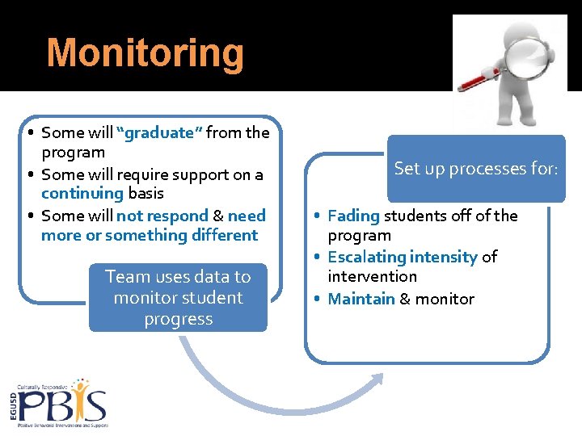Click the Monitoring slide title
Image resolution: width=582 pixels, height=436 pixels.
145,53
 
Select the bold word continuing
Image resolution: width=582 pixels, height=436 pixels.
82,194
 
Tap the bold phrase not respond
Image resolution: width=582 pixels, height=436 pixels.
162,216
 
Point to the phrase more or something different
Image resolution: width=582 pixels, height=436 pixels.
150,236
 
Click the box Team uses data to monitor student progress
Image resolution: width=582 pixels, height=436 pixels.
178,297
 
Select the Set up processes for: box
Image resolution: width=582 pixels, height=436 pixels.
476,169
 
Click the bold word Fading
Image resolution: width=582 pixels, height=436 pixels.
353,216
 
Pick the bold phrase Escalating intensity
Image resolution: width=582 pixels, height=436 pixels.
403,257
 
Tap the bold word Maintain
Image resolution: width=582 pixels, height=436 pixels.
361,299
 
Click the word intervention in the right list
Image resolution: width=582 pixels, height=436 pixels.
372,277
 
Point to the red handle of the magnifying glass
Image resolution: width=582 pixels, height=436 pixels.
478,79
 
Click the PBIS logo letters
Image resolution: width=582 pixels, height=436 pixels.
65,404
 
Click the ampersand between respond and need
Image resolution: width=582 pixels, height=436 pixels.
217,216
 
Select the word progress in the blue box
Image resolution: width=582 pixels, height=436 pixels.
178,319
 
